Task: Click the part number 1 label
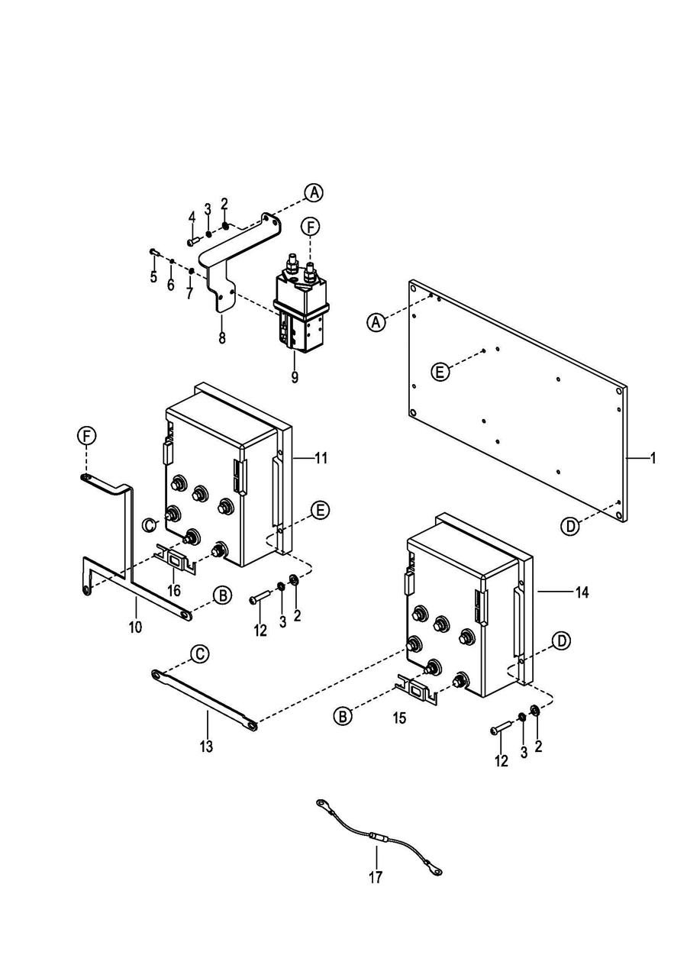(653, 458)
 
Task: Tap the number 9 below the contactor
(295, 377)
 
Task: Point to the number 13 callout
(206, 747)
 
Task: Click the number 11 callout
(321, 458)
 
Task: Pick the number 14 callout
(582, 592)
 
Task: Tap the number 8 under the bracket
(222, 337)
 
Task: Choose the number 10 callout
(135, 627)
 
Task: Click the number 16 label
(174, 590)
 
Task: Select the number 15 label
(400, 718)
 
